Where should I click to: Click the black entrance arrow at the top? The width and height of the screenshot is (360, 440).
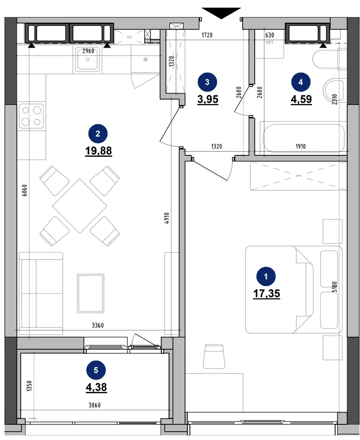point(221,13)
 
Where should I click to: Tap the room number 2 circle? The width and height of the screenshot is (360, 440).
point(98,133)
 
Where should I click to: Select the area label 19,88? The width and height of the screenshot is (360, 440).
point(98,151)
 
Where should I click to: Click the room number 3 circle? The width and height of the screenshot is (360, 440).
point(207,82)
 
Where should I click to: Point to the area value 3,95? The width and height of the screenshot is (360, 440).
point(208,99)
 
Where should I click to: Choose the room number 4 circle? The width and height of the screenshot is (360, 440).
point(301,82)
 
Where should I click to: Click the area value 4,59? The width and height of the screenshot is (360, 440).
point(301,99)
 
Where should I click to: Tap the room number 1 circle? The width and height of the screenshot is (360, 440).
point(266,276)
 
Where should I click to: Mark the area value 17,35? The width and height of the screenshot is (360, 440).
point(267,294)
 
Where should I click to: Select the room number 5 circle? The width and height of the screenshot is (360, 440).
point(96,370)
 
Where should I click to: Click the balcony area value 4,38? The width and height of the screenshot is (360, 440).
point(97,388)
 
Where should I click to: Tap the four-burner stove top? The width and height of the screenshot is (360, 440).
point(32,116)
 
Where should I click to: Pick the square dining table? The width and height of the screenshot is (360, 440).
point(80,206)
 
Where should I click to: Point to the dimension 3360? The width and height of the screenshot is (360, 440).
point(98,325)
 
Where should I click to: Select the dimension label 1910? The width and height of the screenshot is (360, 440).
point(300,146)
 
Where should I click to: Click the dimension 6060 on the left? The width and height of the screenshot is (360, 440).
point(25,190)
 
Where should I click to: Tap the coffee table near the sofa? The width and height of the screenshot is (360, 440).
point(91,293)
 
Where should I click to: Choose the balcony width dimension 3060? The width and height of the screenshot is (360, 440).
point(94,405)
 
